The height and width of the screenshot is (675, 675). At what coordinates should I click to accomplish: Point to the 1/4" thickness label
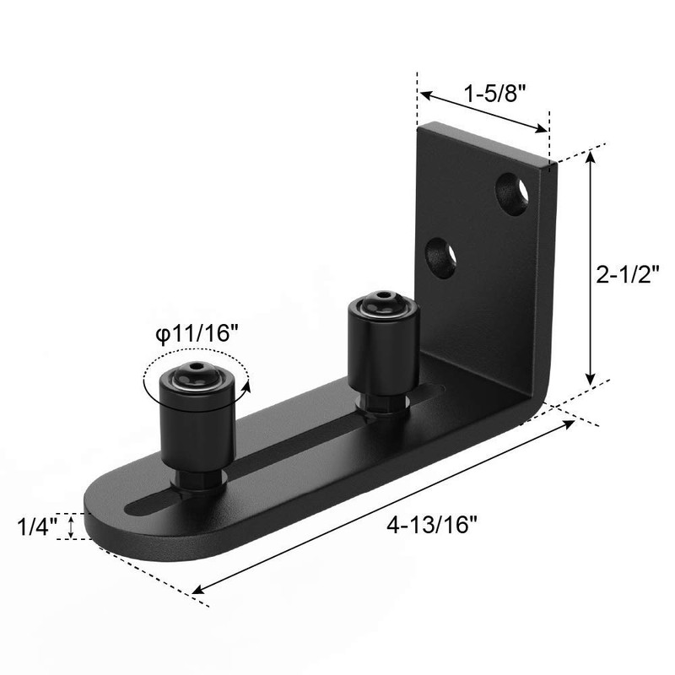(36, 527)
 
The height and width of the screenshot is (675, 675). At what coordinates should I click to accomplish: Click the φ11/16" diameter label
(193, 333)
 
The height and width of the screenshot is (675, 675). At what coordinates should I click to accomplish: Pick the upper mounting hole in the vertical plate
(513, 190)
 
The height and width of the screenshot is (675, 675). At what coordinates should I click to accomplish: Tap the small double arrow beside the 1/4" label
(72, 527)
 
